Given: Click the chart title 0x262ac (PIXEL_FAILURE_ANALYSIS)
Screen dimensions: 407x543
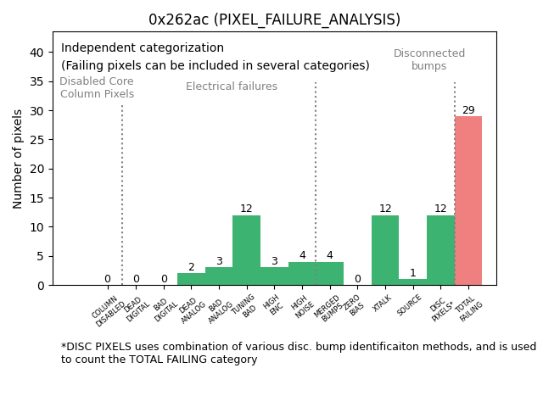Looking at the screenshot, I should point(274,20).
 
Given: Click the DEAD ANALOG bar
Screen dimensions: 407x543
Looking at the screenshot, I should point(191,279).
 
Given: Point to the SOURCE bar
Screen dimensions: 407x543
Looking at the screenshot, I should point(413,282).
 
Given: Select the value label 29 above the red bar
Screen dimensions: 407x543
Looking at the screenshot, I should point(468,110).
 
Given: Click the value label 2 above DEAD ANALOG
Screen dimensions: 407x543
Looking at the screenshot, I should point(191,267).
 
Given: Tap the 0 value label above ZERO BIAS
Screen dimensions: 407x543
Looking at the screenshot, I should point(357,279).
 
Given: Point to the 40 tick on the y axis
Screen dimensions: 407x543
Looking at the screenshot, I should point(37,53).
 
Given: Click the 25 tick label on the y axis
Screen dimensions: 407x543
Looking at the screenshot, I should point(37,140).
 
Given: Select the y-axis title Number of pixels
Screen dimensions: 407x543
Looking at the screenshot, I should point(18,159).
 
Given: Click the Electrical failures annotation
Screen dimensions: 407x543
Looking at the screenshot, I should point(232,86).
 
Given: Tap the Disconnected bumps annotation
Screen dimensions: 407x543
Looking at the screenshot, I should point(429,60).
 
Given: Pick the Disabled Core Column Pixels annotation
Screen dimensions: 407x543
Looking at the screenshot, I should point(97,88).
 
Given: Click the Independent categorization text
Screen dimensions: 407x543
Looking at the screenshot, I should point(143,48).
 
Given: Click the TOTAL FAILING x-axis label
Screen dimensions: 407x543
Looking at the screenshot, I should point(467,309).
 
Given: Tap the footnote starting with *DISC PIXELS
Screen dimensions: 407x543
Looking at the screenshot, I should point(298,353).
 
